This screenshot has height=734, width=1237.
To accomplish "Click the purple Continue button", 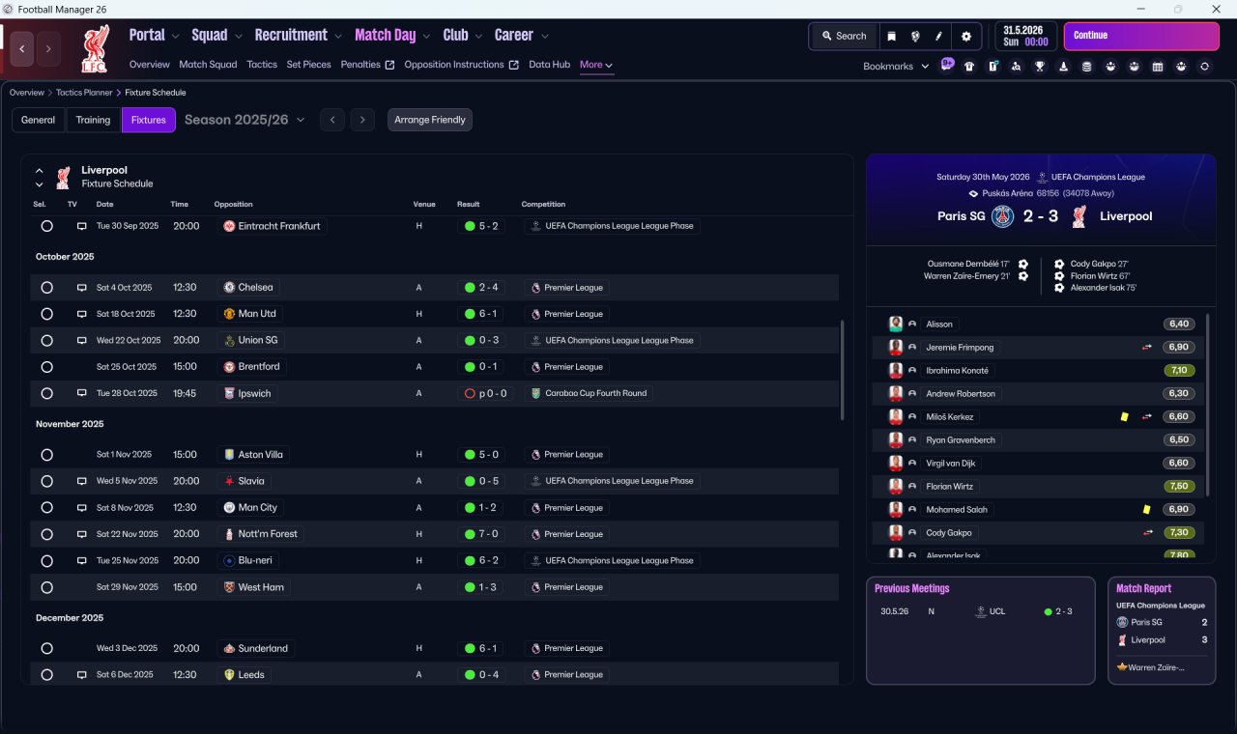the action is [1141, 36].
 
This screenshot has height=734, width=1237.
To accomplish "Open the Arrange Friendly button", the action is [430, 120].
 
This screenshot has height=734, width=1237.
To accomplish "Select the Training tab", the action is [93, 120].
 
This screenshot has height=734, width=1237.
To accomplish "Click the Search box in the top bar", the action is [844, 36].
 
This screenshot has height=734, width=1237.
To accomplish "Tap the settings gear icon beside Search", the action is [965, 37].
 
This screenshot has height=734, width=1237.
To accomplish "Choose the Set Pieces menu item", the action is [308, 65].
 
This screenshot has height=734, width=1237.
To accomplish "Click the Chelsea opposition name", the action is [255, 288].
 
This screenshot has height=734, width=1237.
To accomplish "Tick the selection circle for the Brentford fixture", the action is [47, 367].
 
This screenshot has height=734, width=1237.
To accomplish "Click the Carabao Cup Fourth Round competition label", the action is [595, 393].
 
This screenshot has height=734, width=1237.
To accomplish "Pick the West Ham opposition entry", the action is [261, 587].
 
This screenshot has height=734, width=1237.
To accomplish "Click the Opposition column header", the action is [233, 204].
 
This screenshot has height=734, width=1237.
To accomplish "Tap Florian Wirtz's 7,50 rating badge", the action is [1179, 486].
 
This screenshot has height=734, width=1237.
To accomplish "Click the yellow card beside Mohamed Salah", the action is [1146, 509].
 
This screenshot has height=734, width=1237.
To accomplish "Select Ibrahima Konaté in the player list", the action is [957, 370].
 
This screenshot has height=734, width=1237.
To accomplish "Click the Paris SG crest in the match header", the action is [1002, 216].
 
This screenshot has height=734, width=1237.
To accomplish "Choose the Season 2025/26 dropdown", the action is [245, 120].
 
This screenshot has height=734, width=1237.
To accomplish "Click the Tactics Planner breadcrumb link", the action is [84, 93].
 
